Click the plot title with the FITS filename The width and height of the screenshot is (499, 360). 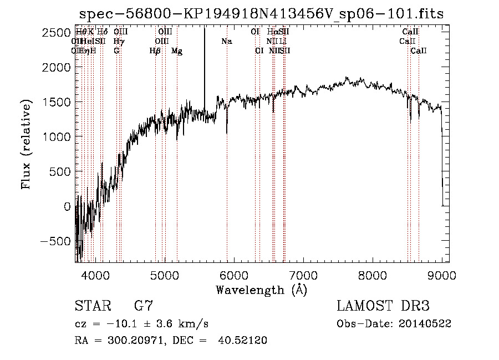pyautogui.click(x=262, y=13)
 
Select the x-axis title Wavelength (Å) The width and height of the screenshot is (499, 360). pyautogui.click(x=261, y=290)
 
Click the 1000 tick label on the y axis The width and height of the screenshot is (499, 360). pyautogui.click(x=56, y=137)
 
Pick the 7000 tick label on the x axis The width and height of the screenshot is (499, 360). pyautogui.click(x=303, y=275)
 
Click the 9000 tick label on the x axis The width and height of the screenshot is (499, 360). pyautogui.click(x=442, y=275)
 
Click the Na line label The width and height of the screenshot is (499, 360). pyautogui.click(x=226, y=41)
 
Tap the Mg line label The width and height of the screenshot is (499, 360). pyautogui.click(x=177, y=51)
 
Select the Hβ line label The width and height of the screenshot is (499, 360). pyautogui.click(x=155, y=51)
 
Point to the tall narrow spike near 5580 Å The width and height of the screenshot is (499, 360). pyautogui.click(x=205, y=67)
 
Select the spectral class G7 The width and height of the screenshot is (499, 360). pyautogui.click(x=143, y=306)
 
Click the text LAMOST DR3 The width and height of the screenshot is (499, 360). pyautogui.click(x=383, y=306)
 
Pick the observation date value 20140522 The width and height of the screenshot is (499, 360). pyautogui.click(x=425, y=323)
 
